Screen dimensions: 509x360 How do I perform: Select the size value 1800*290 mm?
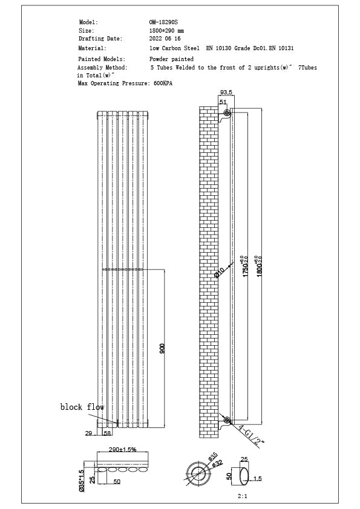pyautogui.click(x=166, y=30)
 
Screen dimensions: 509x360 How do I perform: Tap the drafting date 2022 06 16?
pyautogui.click(x=165, y=38)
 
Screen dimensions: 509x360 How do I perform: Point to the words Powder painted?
pyautogui.click(x=171, y=59)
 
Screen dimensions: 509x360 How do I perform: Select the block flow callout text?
pyautogui.click(x=82, y=407)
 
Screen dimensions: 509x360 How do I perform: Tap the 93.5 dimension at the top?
pyautogui.click(x=225, y=92)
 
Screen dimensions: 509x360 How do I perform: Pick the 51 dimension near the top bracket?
pyautogui.click(x=223, y=102)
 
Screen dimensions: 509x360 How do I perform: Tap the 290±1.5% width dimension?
pyautogui.click(x=123, y=450)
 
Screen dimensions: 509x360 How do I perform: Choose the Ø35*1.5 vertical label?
pyautogui.click(x=81, y=482)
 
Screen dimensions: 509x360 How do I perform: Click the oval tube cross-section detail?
pyautogui.click(x=243, y=478)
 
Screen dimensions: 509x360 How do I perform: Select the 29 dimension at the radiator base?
pyautogui.click(x=88, y=433)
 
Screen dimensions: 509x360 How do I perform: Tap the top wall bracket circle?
pyautogui.click(x=227, y=114)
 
